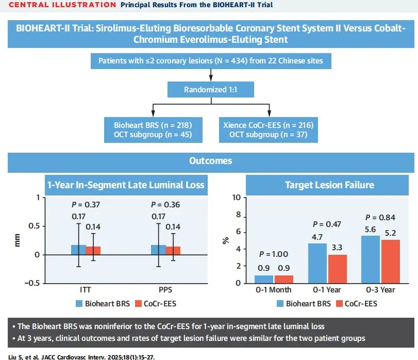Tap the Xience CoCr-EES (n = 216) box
click(x=268, y=130)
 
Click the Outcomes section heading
click(x=211, y=160)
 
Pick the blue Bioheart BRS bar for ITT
click(x=78, y=250)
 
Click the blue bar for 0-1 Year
click(x=317, y=263)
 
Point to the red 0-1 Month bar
click(x=284, y=279)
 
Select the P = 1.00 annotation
click(x=274, y=254)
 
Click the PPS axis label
click(x=166, y=290)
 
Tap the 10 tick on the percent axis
click(x=237, y=198)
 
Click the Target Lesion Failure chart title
click(x=329, y=185)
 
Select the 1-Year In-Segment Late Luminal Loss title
click(x=126, y=185)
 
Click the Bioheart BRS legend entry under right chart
click(x=304, y=303)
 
